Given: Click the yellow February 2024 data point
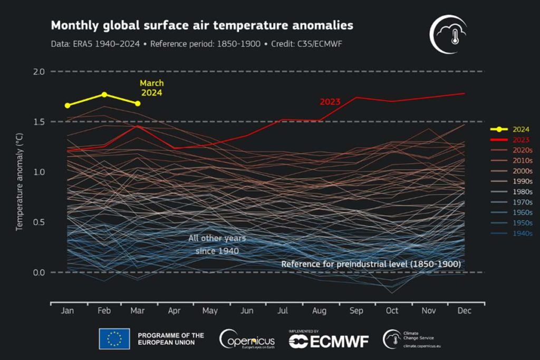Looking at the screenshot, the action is [x=104, y=95].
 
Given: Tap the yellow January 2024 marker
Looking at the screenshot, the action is [x=67, y=105].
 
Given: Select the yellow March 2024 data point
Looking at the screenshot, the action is [x=138, y=104].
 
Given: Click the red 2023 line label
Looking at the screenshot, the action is [x=330, y=102].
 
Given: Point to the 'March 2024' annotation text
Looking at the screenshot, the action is [x=151, y=88].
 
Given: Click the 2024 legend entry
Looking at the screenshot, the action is [x=510, y=130].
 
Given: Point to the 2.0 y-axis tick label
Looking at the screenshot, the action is [x=39, y=72].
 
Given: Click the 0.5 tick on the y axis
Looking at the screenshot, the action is [x=39, y=222].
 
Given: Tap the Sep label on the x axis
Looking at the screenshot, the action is [x=356, y=311].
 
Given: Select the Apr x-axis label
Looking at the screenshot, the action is [x=174, y=311].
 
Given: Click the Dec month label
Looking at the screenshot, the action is [x=464, y=311].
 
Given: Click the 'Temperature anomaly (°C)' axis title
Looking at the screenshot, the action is [x=20, y=182].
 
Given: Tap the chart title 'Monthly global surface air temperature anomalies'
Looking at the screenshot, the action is [x=202, y=25].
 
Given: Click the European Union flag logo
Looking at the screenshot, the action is [x=114, y=339].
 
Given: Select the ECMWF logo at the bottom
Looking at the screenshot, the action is [x=329, y=340].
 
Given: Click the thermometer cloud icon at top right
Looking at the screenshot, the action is [x=448, y=34].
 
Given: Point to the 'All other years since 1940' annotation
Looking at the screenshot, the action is [x=217, y=245].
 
